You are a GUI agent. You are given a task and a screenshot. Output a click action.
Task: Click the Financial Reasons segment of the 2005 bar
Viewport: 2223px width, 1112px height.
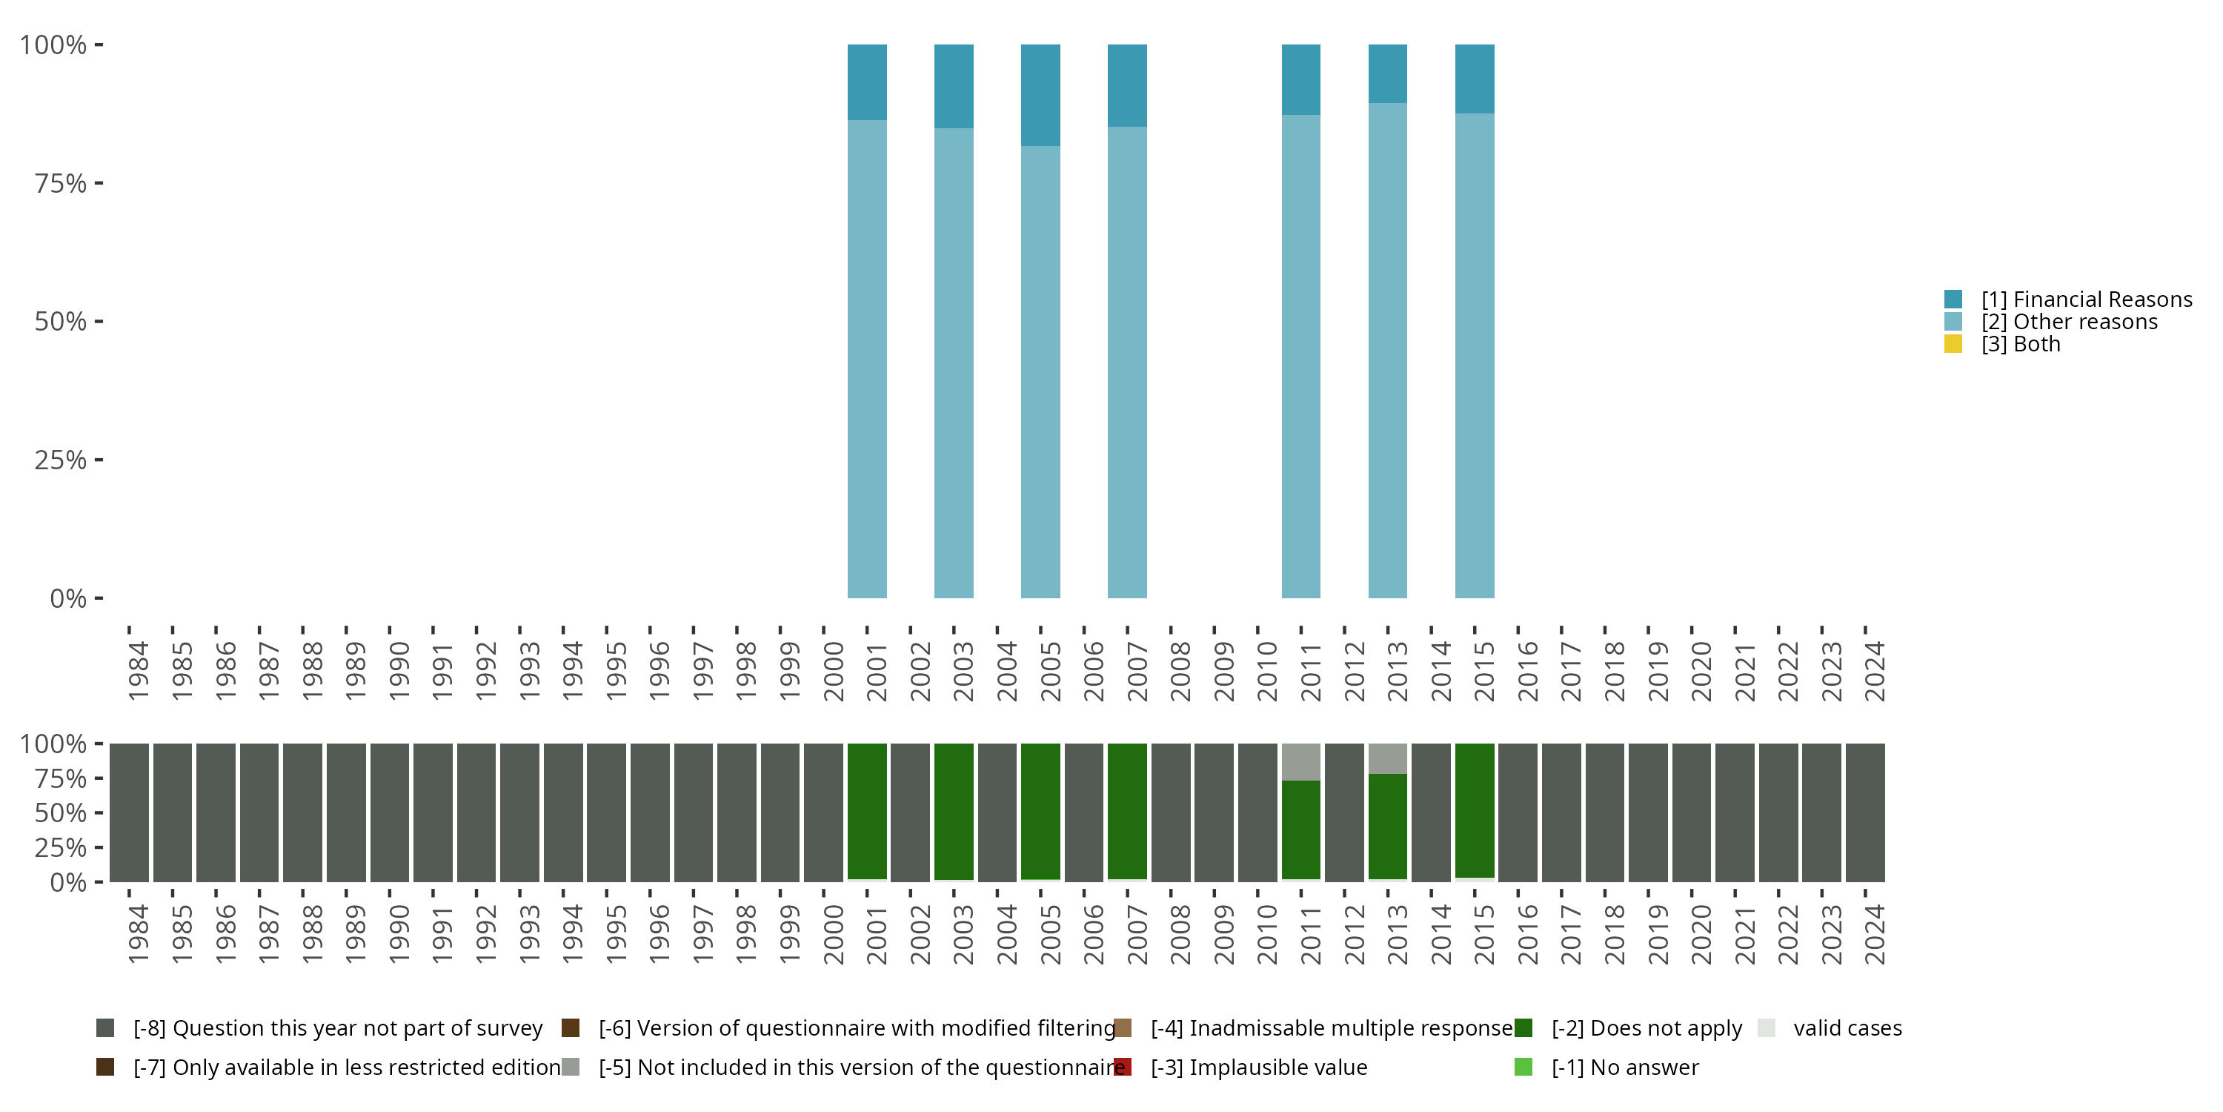coord(1040,95)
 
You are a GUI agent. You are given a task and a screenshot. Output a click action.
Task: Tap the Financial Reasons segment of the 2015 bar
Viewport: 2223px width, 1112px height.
coord(1474,79)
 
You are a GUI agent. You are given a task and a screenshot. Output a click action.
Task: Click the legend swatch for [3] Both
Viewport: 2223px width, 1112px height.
coord(1953,345)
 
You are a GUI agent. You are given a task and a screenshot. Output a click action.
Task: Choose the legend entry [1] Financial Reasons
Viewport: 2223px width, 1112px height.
coord(2086,299)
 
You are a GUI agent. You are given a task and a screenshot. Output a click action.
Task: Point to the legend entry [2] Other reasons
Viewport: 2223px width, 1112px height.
coord(2069,322)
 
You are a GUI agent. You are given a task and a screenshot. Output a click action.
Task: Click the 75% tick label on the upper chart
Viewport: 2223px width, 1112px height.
coord(61,184)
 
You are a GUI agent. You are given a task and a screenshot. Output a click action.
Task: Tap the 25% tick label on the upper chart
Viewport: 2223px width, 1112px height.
coord(61,460)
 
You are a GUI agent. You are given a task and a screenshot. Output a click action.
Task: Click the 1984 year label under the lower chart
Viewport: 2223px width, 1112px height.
coord(138,934)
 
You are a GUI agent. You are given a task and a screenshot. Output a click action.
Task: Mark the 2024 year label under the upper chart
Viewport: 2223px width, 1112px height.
coord(1875,671)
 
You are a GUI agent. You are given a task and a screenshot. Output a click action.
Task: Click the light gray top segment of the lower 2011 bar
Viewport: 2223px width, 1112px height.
coord(1300,761)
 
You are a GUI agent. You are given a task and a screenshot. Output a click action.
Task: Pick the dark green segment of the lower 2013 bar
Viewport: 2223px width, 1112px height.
coord(1388,827)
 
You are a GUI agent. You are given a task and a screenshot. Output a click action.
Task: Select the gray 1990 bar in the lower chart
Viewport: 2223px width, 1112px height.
coord(389,813)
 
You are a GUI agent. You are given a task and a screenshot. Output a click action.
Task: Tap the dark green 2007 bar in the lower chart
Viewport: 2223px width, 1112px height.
coord(1127,812)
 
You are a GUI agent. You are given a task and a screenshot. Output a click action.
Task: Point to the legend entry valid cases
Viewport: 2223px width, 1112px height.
coord(1847,1028)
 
